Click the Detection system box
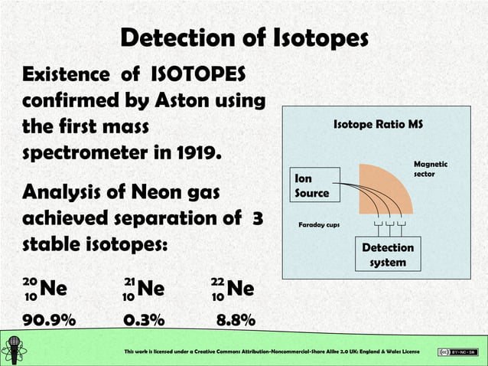(388, 255)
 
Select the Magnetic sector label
(431, 169)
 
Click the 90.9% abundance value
(49, 321)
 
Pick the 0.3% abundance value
(147, 321)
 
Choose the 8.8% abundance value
(235, 321)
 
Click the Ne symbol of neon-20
(54, 289)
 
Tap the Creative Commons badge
(457, 351)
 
